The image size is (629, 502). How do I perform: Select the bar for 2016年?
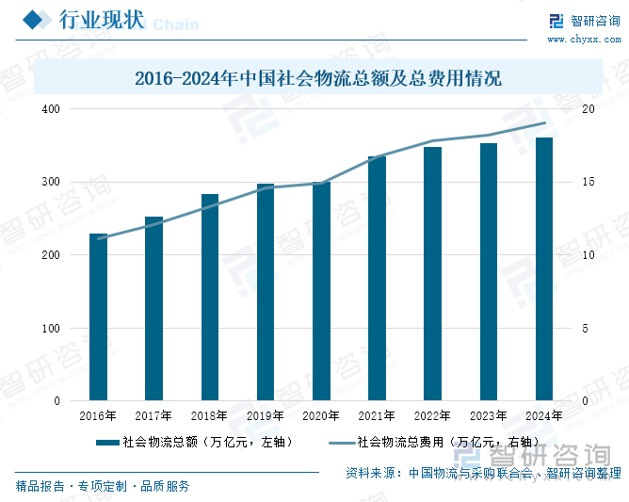[x=98, y=317]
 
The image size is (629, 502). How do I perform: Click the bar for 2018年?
[x=210, y=298]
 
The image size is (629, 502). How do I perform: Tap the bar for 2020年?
[x=321, y=291]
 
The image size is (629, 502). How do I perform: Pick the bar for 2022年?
[x=432, y=274]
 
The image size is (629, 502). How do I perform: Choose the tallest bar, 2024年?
[x=544, y=269]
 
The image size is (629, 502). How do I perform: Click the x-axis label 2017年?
[x=153, y=415]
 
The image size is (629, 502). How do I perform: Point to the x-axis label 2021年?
[x=377, y=415]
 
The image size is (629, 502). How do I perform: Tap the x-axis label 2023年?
[x=489, y=415]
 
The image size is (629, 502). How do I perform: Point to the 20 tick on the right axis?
[x=589, y=109]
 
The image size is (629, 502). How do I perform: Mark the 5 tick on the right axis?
[x=586, y=329]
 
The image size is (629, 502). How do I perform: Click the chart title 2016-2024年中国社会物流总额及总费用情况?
[x=317, y=79]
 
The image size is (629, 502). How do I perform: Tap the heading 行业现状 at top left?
[x=102, y=20]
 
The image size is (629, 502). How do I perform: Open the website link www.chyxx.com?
[x=583, y=40]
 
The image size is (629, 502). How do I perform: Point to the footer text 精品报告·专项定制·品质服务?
[x=103, y=486]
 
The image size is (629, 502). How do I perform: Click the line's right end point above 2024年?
[x=544, y=123]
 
